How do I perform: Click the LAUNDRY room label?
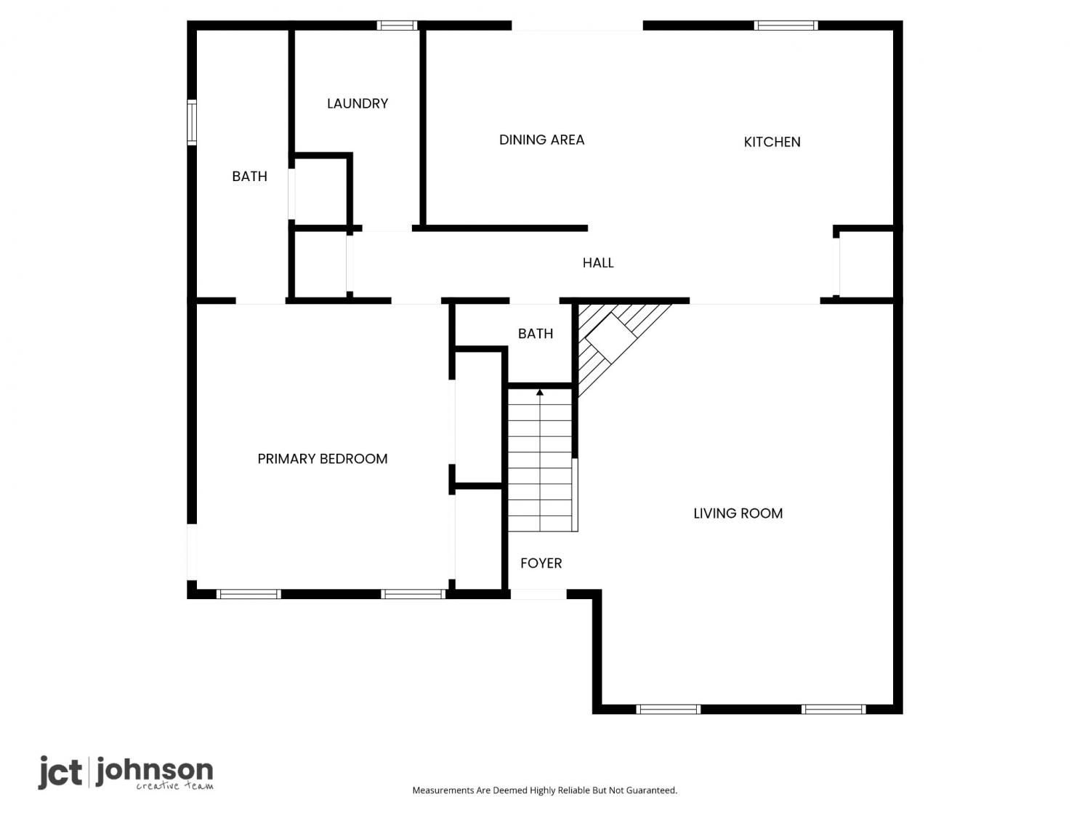(x=357, y=103)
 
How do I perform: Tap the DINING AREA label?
(x=541, y=140)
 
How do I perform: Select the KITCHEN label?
(x=772, y=142)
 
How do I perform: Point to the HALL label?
(x=598, y=262)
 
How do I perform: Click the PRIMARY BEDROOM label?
(x=323, y=458)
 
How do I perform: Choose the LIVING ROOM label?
(x=738, y=513)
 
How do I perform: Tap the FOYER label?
(x=541, y=563)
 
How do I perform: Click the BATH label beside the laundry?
(x=249, y=176)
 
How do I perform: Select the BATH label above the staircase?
(x=536, y=333)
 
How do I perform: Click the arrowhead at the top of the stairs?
(x=540, y=393)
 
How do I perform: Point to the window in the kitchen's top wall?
(x=786, y=25)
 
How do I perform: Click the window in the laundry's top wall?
(x=397, y=25)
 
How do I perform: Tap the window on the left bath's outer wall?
(x=192, y=123)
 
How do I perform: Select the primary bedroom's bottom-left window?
(x=249, y=594)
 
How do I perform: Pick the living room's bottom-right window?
(x=833, y=709)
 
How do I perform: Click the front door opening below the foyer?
(x=538, y=594)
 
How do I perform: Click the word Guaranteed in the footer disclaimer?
(x=652, y=790)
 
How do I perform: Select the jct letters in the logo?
(x=60, y=773)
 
